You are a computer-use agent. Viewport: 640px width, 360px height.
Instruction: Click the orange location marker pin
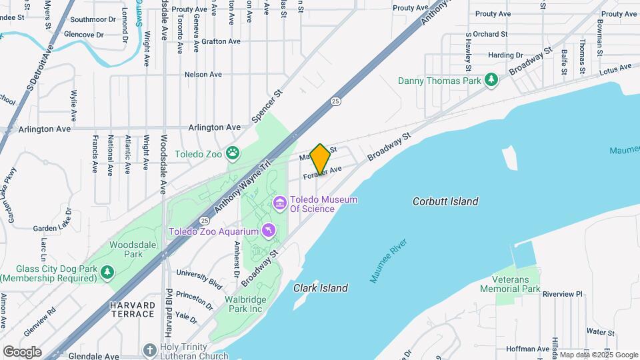tap(321, 159)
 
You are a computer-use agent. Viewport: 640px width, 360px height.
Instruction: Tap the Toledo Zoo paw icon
tap(232, 153)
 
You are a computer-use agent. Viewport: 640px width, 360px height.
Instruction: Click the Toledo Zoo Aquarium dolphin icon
tap(268, 231)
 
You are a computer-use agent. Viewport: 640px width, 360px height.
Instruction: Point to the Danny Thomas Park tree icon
tap(491, 80)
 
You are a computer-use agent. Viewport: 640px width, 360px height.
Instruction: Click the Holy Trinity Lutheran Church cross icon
tap(151, 350)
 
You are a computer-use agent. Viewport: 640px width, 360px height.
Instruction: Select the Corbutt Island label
tap(445, 201)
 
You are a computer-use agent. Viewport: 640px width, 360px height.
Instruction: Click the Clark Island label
tap(321, 288)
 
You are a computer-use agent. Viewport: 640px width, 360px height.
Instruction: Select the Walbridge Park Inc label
tap(245, 304)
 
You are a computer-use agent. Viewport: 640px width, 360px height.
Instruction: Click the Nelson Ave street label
tap(203, 75)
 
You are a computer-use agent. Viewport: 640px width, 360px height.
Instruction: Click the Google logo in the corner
tap(22, 351)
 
